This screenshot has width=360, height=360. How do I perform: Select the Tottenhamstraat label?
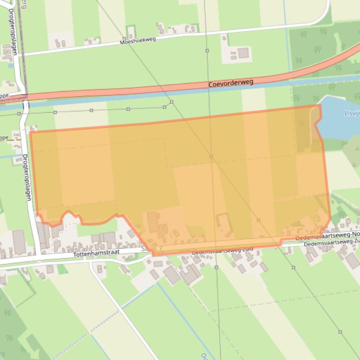(x=96, y=252)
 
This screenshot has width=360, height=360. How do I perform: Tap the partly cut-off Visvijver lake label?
(x=351, y=113)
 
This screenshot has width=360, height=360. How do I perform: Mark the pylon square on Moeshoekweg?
(x=207, y=50)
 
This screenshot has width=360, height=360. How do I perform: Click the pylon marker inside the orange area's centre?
(x=211, y=156)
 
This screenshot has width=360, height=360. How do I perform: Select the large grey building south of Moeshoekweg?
(x=243, y=53)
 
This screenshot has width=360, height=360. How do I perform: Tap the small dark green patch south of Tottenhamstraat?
(x=62, y=269)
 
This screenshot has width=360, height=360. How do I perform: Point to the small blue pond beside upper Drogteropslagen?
(x=10, y=66)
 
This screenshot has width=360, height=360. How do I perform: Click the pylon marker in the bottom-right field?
(x=340, y=332)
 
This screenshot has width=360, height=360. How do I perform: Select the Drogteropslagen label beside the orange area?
(x=27, y=178)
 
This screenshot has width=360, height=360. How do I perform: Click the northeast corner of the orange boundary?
(x=320, y=105)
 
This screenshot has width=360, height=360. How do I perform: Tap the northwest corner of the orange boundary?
(x=30, y=132)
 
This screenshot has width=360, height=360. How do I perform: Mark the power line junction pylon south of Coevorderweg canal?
(x=172, y=102)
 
